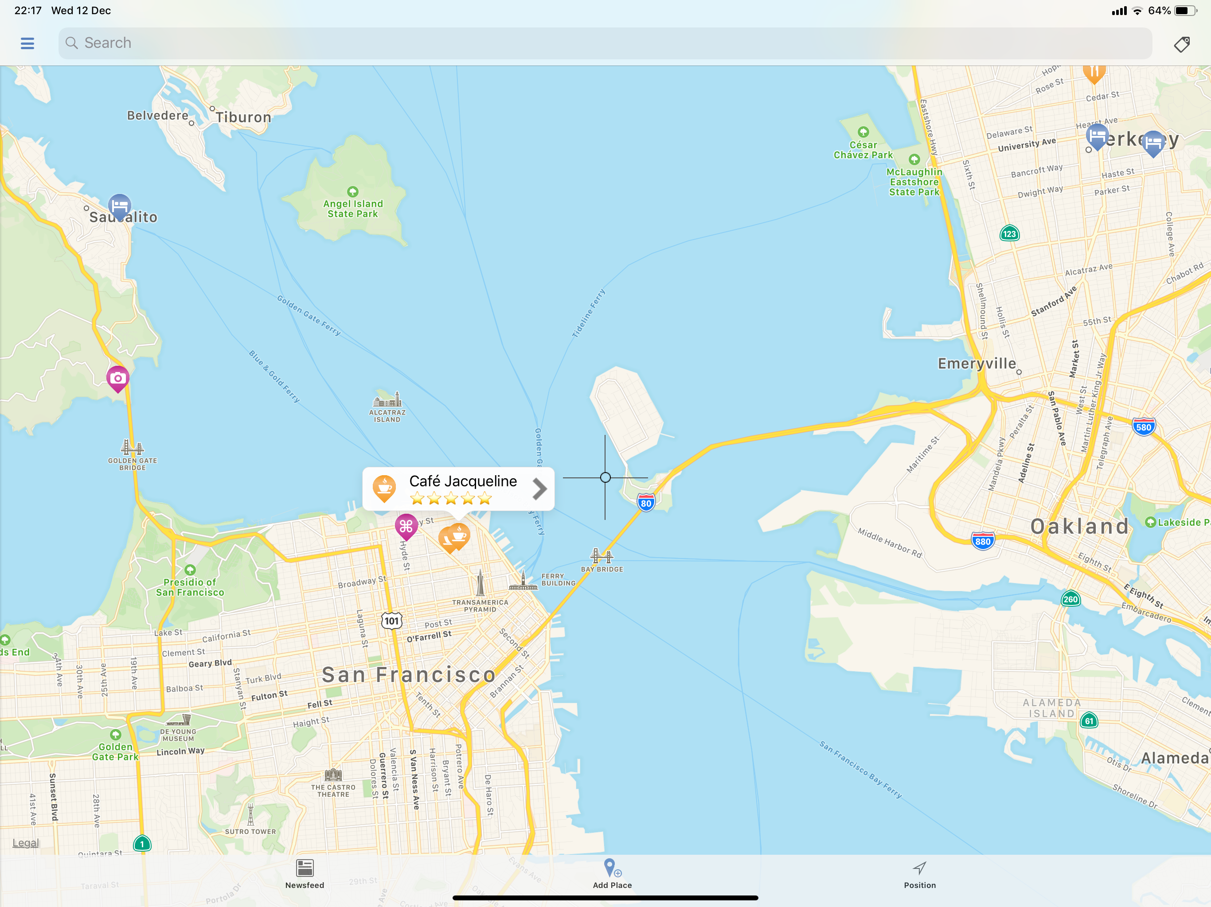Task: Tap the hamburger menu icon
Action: [27, 43]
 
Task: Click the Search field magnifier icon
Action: [72, 43]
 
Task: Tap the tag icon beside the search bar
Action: [1181, 44]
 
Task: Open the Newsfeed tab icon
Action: [305, 868]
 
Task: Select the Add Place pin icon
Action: [611, 868]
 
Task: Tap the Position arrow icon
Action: [919, 868]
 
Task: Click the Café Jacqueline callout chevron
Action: [539, 489]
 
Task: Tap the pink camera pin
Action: [118, 378]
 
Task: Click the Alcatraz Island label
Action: [387, 416]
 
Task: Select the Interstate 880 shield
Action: [983, 542]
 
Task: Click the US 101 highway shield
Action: [391, 621]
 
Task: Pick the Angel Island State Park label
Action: [353, 209]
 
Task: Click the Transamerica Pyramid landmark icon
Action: [480, 583]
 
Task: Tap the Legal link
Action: [26, 843]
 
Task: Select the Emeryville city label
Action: [977, 364]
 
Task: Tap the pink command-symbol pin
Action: [406, 526]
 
